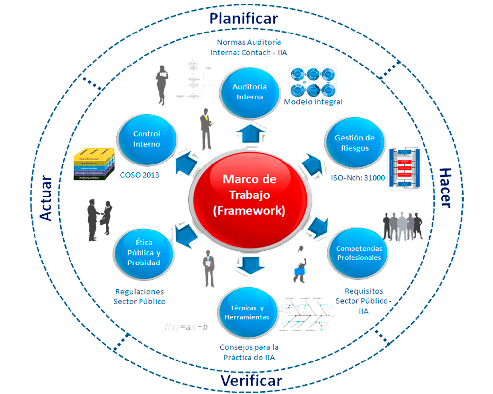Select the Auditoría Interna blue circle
249,92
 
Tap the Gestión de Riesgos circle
354,143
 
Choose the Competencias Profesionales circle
358,253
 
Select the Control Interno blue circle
146,139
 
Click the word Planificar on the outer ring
244,19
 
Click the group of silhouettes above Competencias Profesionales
402,227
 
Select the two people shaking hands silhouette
99,219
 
